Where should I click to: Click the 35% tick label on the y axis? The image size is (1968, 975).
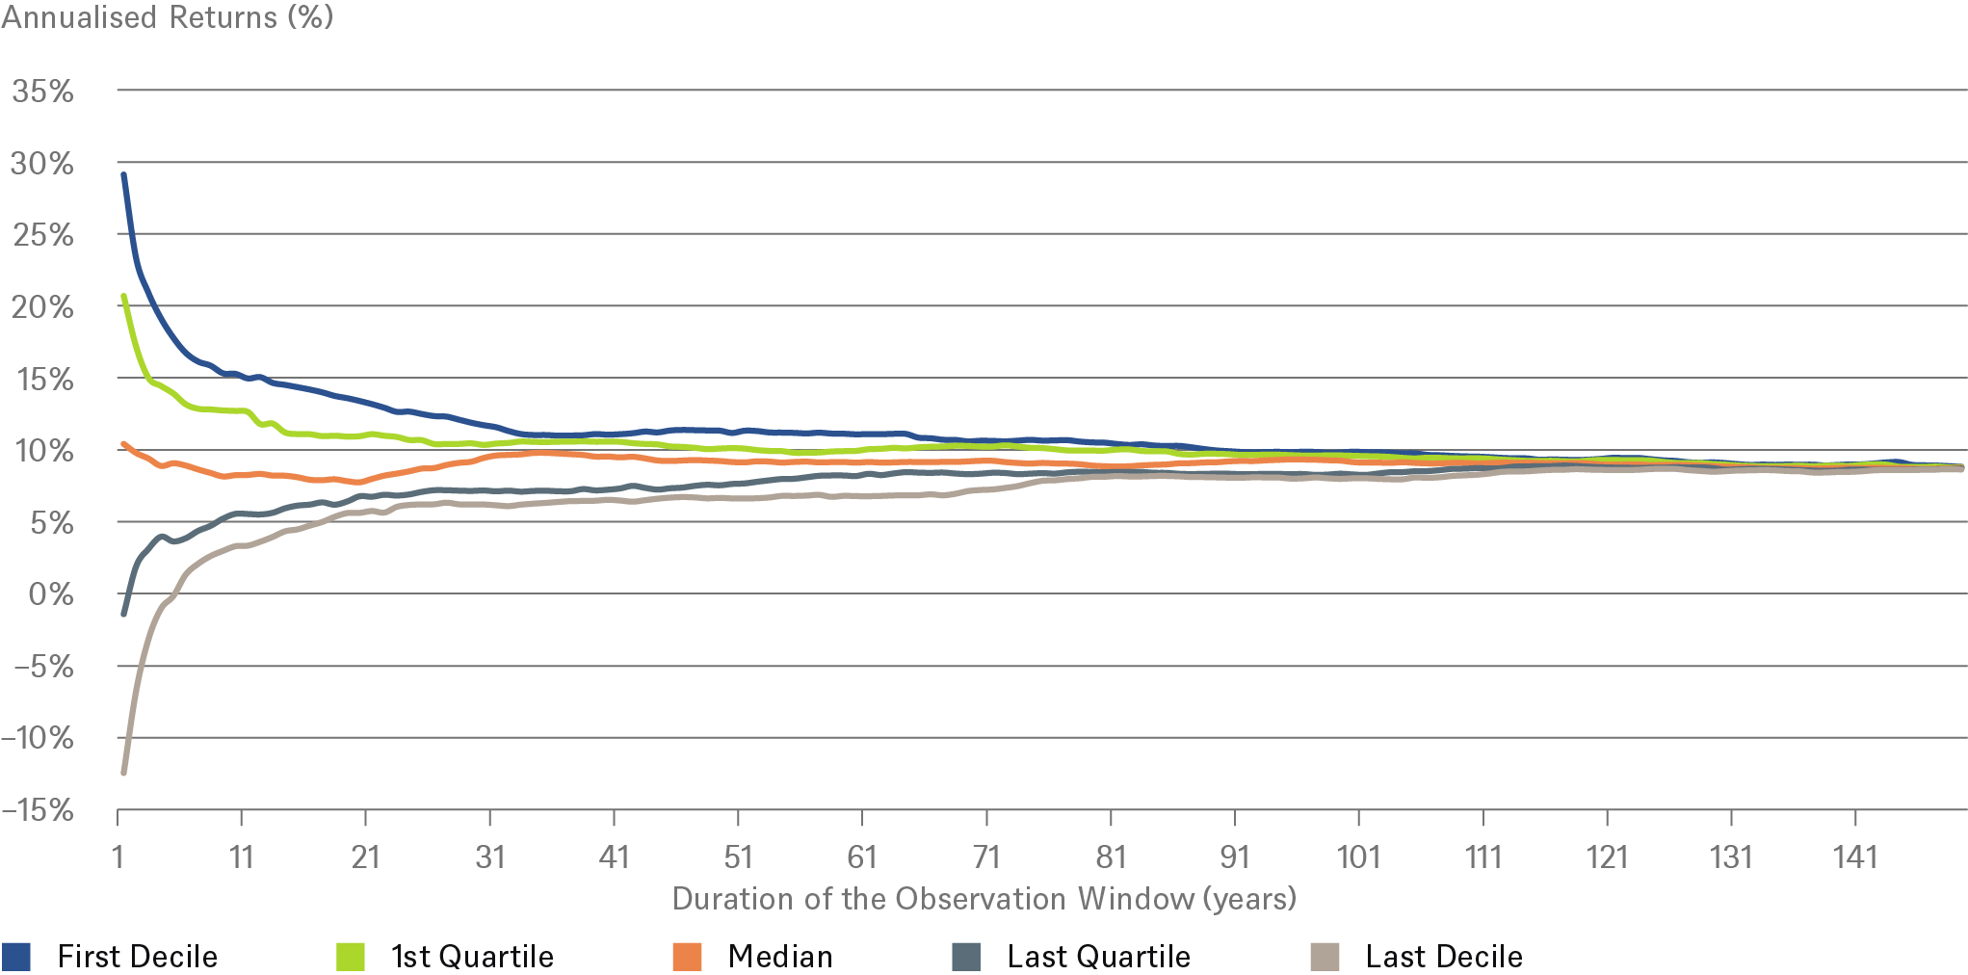point(42,92)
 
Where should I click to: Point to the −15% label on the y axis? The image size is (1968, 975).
point(38,810)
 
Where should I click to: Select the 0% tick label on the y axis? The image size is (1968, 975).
point(51,594)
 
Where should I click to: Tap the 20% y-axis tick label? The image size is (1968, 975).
point(42,307)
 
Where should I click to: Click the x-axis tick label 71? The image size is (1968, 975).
point(986,856)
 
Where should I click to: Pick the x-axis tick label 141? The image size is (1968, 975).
point(1855,856)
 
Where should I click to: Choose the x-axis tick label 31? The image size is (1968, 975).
point(489,856)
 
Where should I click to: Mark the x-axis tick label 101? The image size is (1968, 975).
point(1358,856)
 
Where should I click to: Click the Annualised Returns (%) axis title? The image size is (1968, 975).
point(168,17)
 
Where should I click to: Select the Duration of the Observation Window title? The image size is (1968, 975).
point(984,899)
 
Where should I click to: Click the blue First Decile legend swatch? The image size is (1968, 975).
point(16,957)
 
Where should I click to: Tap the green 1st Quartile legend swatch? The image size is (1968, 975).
point(351,957)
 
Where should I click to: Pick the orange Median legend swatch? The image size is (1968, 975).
point(687,957)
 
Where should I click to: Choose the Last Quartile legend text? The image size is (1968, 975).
point(1098,957)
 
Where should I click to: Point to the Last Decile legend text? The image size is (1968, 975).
point(1444,957)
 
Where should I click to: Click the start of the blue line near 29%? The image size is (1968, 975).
point(123,174)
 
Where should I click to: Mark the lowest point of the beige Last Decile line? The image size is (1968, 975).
point(123,773)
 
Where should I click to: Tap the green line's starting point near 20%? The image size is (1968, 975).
point(123,296)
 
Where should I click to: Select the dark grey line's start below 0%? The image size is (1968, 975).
point(123,614)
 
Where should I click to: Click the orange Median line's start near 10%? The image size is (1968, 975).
point(123,444)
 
